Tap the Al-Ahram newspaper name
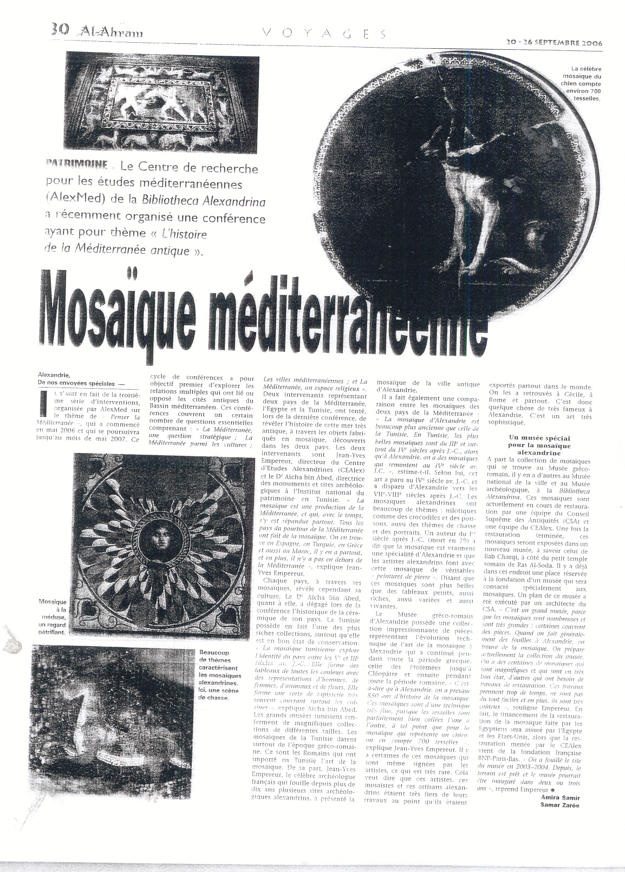pos(111,32)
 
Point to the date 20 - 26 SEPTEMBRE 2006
pos(554,43)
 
